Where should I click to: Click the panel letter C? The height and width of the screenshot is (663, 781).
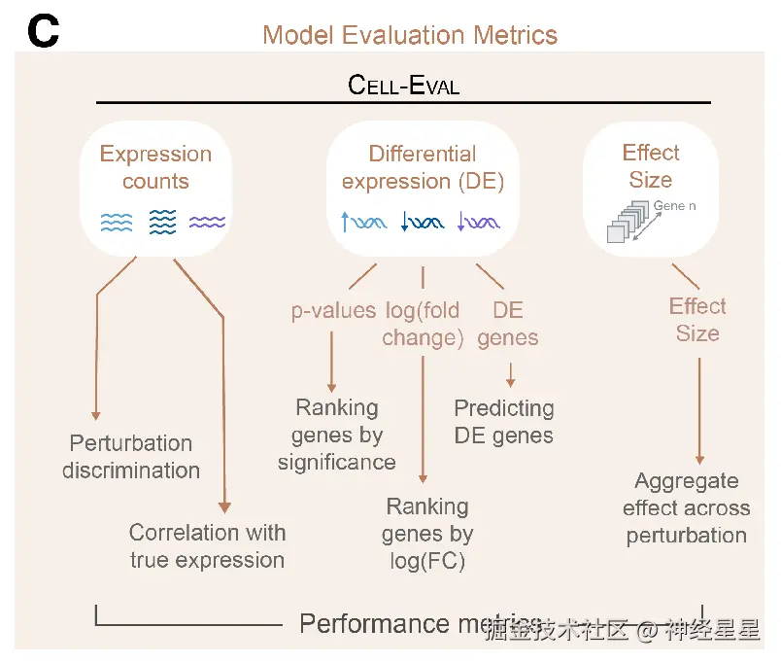[x=44, y=32]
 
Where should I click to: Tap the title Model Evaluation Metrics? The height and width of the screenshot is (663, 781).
[x=410, y=36]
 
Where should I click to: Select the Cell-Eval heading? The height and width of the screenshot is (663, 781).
[x=403, y=85]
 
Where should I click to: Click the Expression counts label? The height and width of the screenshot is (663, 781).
[x=155, y=167]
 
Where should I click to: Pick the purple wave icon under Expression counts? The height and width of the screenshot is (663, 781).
[x=207, y=223]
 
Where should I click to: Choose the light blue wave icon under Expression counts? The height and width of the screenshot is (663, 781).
[x=117, y=223]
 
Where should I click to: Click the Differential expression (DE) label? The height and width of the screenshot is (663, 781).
[x=423, y=167]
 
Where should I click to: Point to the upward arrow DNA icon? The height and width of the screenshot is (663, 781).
[x=364, y=223]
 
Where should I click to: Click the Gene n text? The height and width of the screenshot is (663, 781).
[x=674, y=206]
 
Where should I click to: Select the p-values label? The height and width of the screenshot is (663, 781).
[x=333, y=311]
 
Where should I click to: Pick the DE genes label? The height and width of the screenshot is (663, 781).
[x=508, y=324]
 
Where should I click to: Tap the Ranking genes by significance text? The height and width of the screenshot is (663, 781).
[x=336, y=435]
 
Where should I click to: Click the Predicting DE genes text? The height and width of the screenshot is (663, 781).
[x=504, y=421]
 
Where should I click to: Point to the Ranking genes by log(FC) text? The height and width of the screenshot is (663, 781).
[x=427, y=533]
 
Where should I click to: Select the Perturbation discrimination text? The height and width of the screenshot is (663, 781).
[x=131, y=457]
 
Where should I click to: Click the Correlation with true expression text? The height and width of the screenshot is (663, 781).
[x=207, y=545]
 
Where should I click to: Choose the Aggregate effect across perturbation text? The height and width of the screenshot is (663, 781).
[x=686, y=507]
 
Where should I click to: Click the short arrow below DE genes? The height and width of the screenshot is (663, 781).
[x=510, y=375]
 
